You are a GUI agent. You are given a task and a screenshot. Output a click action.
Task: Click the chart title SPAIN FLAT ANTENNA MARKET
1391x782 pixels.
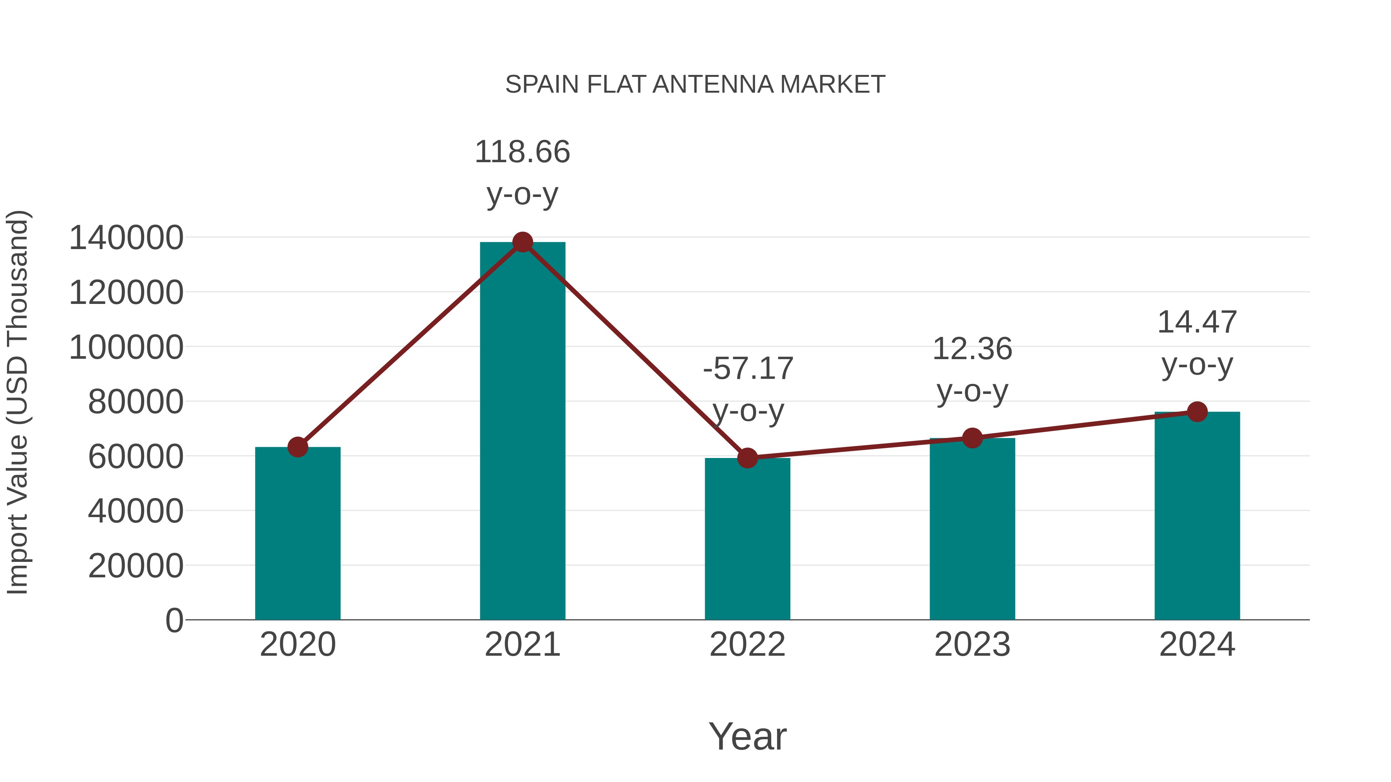(x=695, y=85)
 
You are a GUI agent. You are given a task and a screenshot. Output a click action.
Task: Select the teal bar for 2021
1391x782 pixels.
(x=522, y=432)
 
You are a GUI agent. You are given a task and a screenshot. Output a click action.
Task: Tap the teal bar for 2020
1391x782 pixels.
(x=298, y=534)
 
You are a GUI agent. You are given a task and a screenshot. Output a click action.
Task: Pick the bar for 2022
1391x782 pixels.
(x=747, y=540)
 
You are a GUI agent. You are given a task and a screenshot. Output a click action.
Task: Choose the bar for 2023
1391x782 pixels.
(x=972, y=529)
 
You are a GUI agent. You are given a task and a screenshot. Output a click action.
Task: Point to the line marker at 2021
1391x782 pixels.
(x=522, y=242)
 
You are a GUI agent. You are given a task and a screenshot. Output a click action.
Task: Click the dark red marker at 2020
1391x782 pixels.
(x=298, y=447)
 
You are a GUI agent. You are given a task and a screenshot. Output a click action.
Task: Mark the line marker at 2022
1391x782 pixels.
(x=747, y=458)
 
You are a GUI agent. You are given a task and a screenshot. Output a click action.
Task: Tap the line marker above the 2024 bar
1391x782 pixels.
(x=1197, y=412)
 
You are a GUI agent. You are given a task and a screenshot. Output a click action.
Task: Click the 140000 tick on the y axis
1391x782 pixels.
(x=126, y=238)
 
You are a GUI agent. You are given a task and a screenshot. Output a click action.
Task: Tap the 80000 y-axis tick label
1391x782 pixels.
(x=136, y=402)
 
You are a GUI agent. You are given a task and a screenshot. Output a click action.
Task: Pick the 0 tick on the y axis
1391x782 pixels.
(x=174, y=621)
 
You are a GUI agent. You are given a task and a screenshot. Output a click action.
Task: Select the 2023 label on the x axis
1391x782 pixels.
(x=972, y=645)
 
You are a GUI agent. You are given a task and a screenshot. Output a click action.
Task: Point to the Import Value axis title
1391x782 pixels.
(x=17, y=402)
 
